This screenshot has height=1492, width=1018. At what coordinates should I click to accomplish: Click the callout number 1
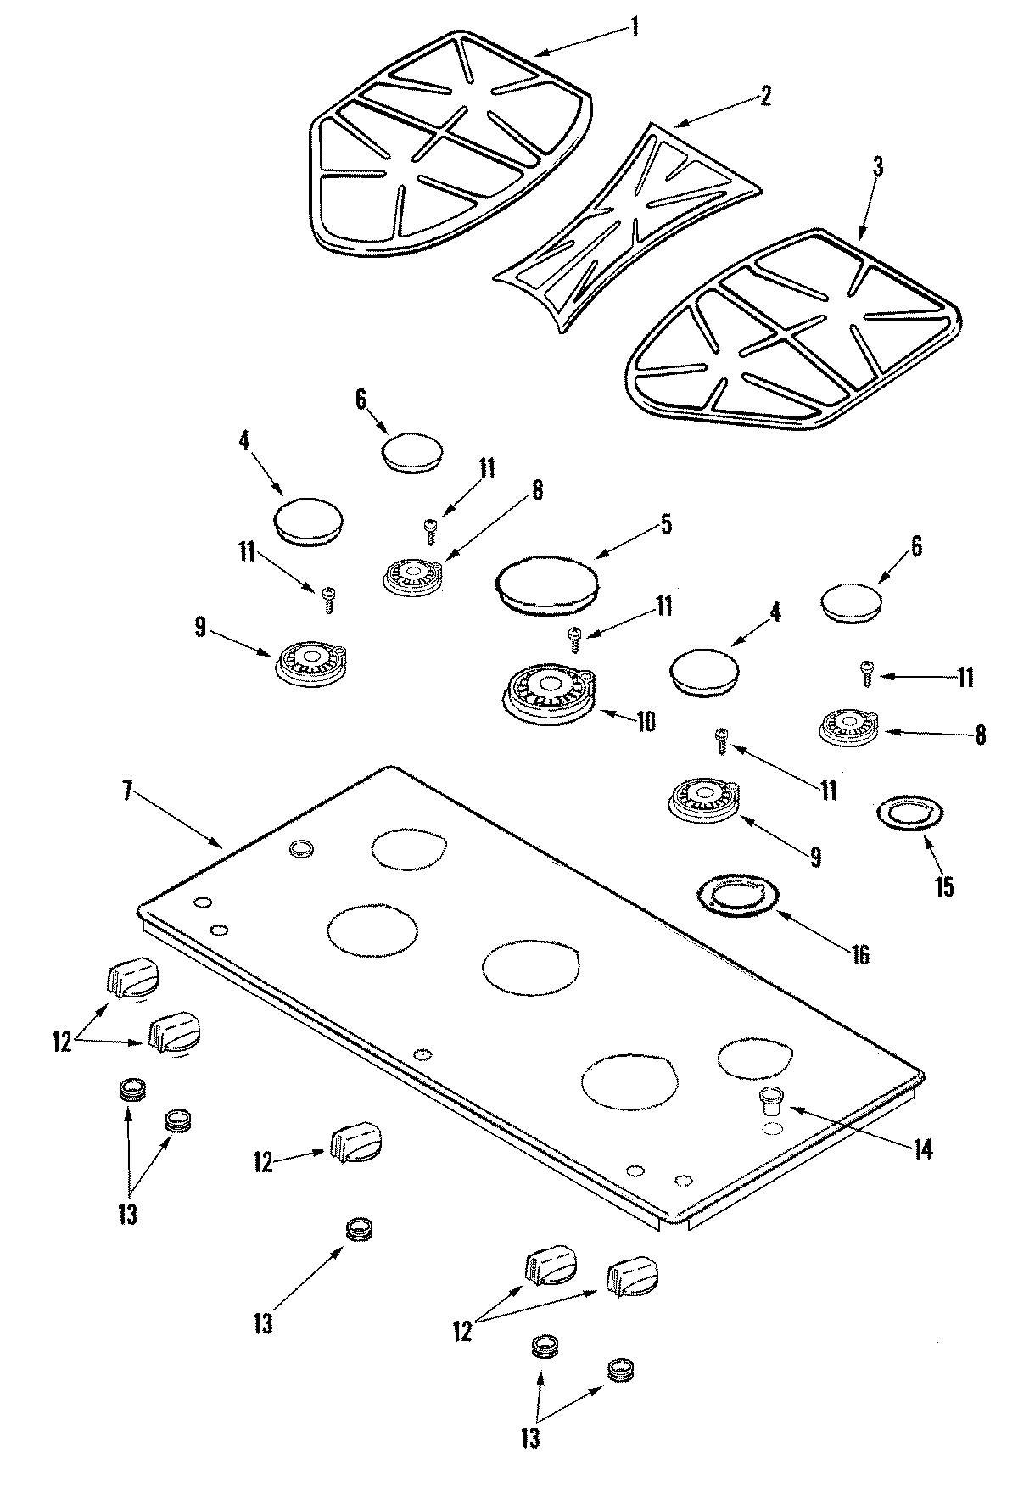tap(634, 27)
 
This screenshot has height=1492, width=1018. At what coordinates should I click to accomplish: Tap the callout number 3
tap(878, 167)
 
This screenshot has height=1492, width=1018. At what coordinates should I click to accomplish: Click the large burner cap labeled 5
tap(548, 583)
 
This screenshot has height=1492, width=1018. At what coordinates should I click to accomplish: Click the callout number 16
tap(859, 955)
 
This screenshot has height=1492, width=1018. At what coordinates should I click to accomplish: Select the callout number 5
tap(666, 525)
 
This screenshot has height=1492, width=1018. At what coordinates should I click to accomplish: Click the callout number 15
tap(943, 887)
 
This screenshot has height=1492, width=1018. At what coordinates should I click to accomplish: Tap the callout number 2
tap(765, 96)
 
